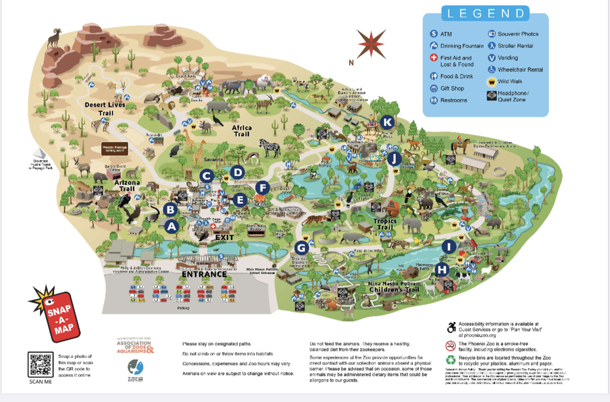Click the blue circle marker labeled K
pos(386,122)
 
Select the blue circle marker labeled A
pos(172,226)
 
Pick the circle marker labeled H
pos(442,270)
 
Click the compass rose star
pos(371,44)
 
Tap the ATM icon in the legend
pos(433,34)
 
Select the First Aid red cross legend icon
pos(433,58)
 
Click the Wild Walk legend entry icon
pos(491,81)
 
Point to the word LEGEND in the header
pos(485,13)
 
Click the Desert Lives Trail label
pos(106,109)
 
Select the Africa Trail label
pos(241,131)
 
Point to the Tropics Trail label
pos(385,224)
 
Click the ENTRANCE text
pos(204,274)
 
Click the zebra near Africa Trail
pos(270,147)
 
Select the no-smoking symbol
pos(450,345)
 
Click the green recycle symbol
pos(450,360)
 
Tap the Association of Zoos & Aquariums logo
pos(136,345)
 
